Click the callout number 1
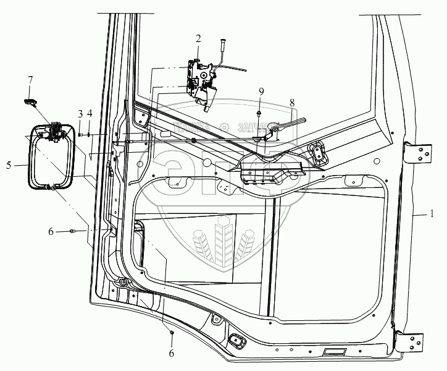click(x=433, y=215)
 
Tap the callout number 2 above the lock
click(x=198, y=38)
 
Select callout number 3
click(x=80, y=114)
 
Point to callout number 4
click(x=90, y=114)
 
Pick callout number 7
click(x=30, y=80)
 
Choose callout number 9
click(x=261, y=92)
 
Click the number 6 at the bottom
click(x=172, y=354)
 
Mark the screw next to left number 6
click(x=73, y=231)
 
